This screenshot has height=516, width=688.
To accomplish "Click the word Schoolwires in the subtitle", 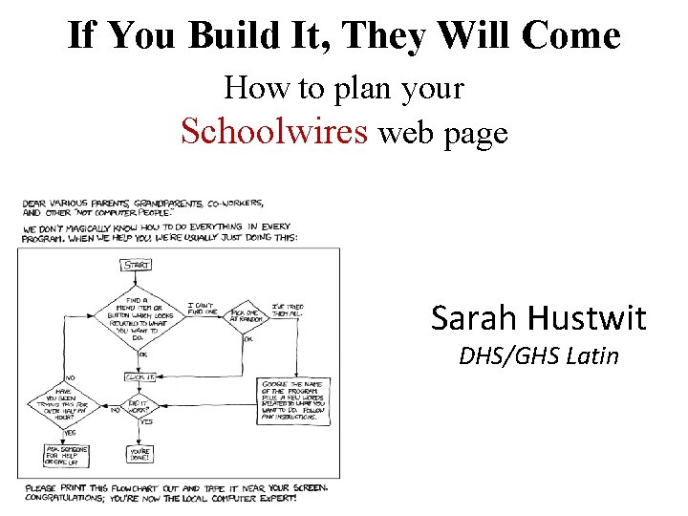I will click(274, 132).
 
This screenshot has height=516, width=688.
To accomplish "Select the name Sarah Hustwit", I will click(538, 317).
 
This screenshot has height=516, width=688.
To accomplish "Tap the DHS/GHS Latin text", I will click(538, 356).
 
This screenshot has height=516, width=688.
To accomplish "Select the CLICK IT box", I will click(140, 378).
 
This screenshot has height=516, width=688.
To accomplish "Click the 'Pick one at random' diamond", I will click(247, 314).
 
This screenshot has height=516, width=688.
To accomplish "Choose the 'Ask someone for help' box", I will click(61, 455).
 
